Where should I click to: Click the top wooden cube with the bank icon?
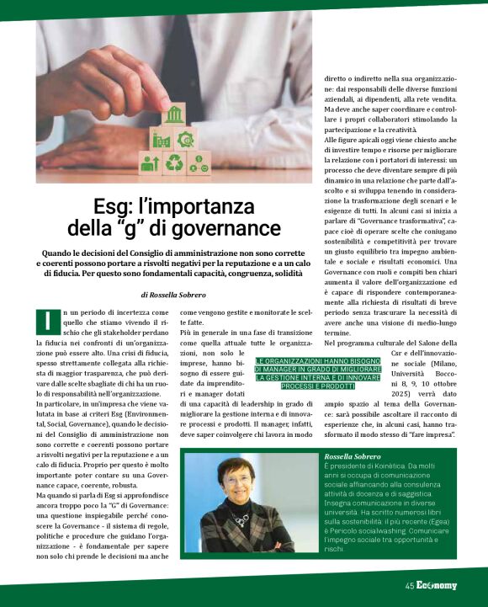pos(175,114)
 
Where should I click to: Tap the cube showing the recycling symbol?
pos(174,162)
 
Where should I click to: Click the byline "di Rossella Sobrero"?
pos(174,295)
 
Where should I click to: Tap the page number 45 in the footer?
pos(410,586)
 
